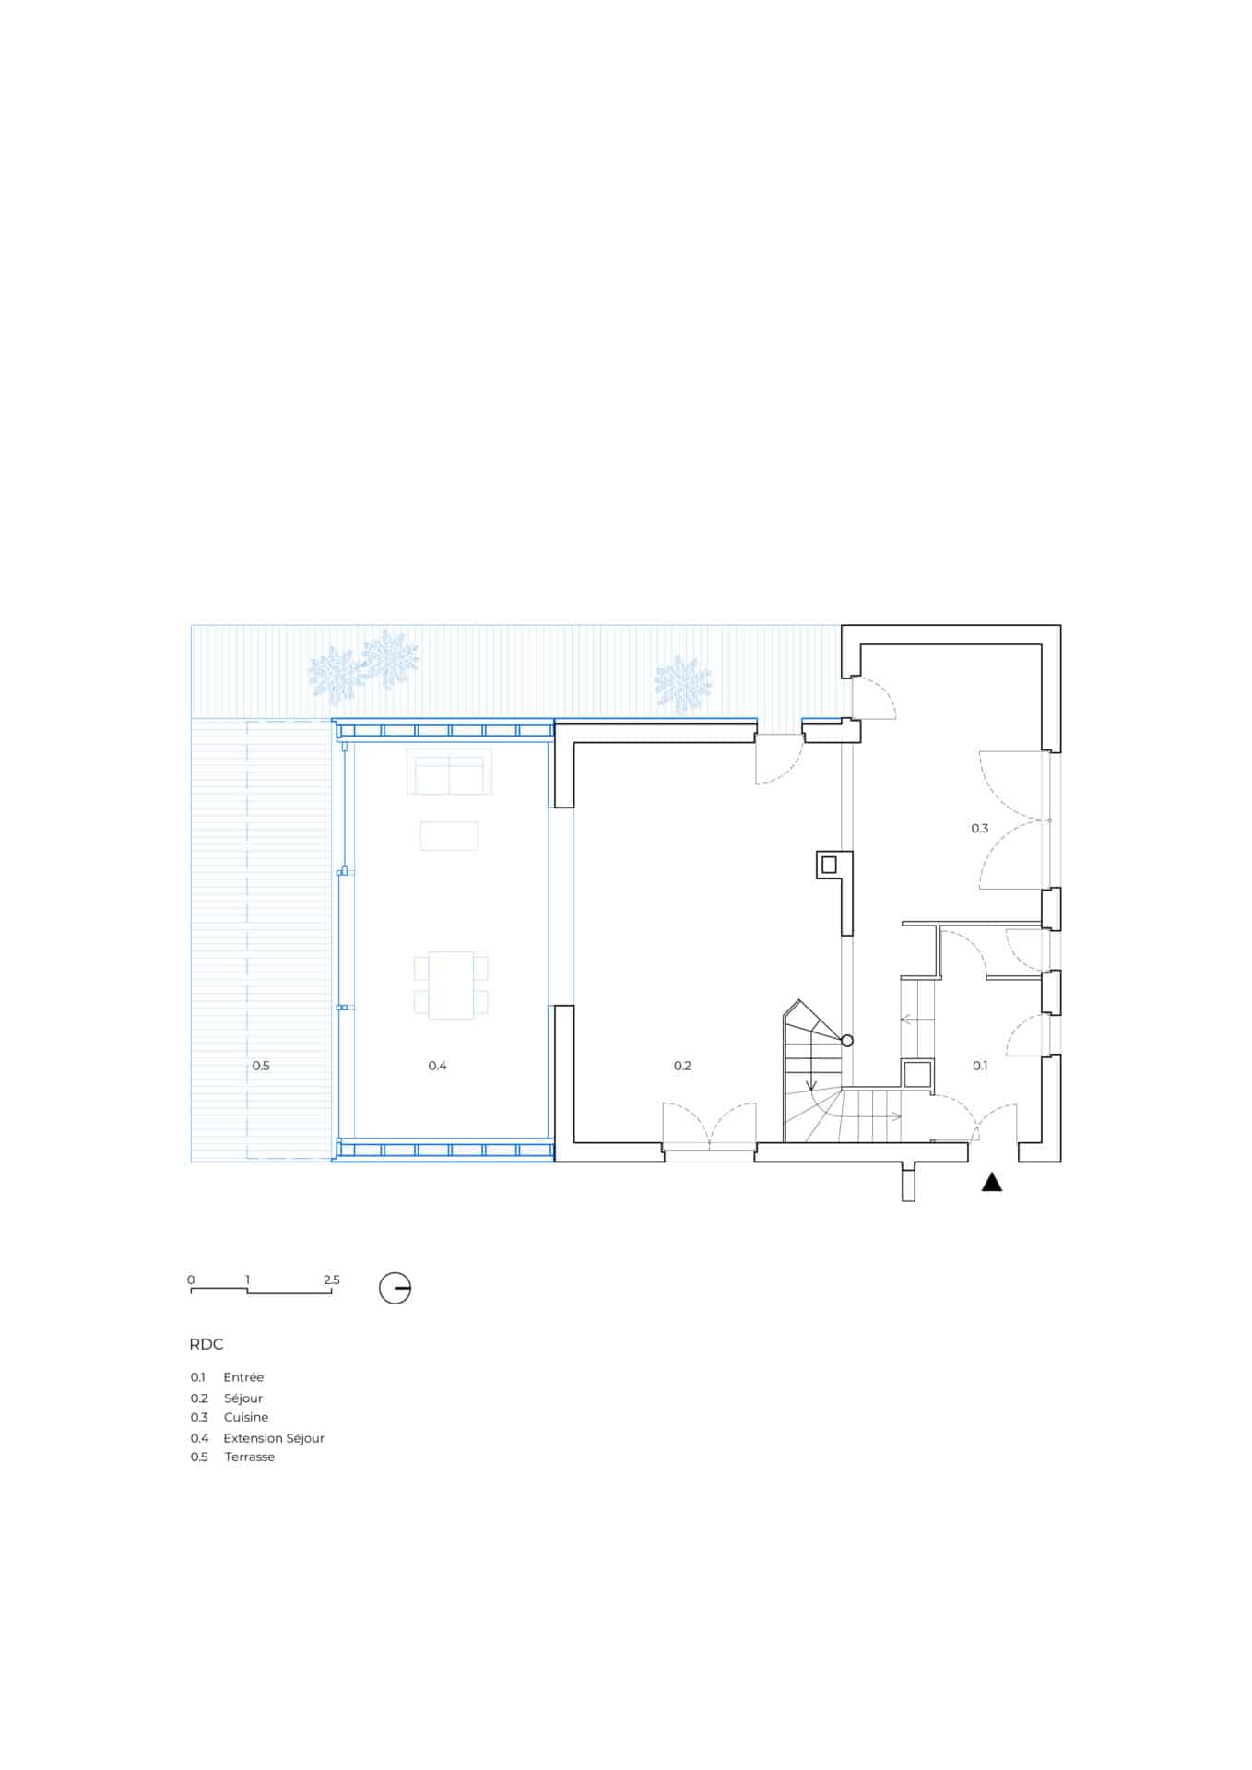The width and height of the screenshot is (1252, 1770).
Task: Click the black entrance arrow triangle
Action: pyautogui.click(x=991, y=1182)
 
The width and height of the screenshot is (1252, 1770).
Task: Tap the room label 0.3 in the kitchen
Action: pyautogui.click(x=979, y=829)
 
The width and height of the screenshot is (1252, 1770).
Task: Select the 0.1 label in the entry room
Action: pyautogui.click(x=980, y=1066)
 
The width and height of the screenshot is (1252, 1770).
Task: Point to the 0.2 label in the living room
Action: pyautogui.click(x=682, y=1066)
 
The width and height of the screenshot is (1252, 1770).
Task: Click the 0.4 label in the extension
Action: pyautogui.click(x=437, y=1066)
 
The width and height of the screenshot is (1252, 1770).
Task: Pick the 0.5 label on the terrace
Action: pyautogui.click(x=261, y=1066)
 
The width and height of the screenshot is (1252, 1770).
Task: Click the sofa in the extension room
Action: pyautogui.click(x=449, y=772)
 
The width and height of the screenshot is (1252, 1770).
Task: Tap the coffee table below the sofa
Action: pyautogui.click(x=449, y=836)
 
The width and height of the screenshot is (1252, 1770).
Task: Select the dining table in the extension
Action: pyautogui.click(x=451, y=985)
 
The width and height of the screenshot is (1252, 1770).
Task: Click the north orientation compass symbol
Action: pyautogui.click(x=395, y=1288)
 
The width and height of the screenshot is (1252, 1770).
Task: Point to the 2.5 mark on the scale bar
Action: pyautogui.click(x=332, y=1280)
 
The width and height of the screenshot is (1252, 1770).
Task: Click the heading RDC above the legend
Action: pyautogui.click(x=207, y=1344)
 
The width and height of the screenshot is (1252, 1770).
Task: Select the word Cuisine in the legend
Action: pyautogui.click(x=246, y=1417)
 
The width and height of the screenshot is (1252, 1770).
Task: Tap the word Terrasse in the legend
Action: pyautogui.click(x=250, y=1457)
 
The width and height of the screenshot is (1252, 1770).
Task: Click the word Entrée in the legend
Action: pyautogui.click(x=243, y=1377)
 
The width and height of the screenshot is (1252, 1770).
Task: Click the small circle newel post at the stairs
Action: pyautogui.click(x=847, y=1041)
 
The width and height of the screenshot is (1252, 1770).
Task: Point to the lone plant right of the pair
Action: pyautogui.click(x=682, y=685)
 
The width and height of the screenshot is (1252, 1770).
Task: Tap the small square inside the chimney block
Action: pyautogui.click(x=828, y=865)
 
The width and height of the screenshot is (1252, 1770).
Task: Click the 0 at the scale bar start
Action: pyautogui.click(x=191, y=1280)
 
